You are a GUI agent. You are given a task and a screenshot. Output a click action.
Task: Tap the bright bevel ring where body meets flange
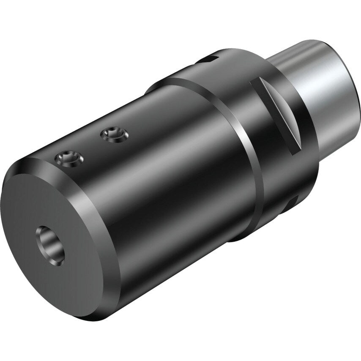249,169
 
